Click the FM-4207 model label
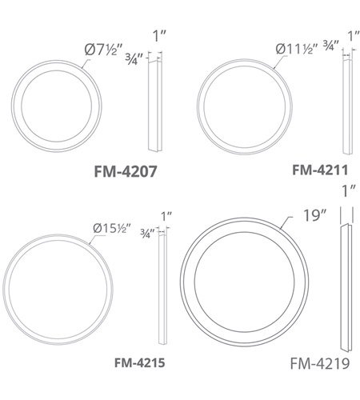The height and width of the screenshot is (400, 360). pyautogui.click(x=126, y=171)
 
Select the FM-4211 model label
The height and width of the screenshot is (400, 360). pyautogui.click(x=320, y=170)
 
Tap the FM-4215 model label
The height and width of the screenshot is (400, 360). pyautogui.click(x=139, y=362)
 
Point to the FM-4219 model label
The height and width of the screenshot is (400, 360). pyautogui.click(x=320, y=363)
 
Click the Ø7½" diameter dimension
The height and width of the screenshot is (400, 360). pyautogui.click(x=103, y=50)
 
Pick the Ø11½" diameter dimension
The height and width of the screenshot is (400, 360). pyautogui.click(x=297, y=49)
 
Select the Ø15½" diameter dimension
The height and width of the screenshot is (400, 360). pyautogui.click(x=112, y=228)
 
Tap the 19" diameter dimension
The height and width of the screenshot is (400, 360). pyautogui.click(x=315, y=215)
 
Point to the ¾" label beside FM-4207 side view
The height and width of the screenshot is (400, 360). pyautogui.click(x=134, y=59)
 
